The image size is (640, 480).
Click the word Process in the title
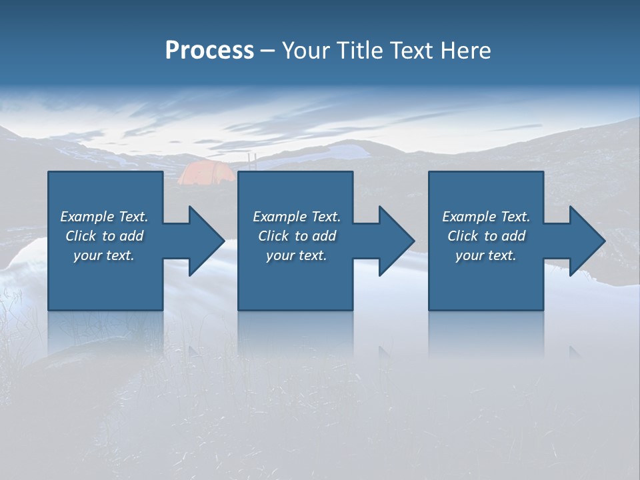[x=209, y=51]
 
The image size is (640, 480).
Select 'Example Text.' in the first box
[x=104, y=217]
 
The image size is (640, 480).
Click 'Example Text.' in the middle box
[x=297, y=217]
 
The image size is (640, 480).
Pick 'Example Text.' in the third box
[x=486, y=217]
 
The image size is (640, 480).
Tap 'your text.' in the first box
[x=104, y=255]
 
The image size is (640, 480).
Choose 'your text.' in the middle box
[x=297, y=255]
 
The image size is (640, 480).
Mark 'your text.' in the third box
[x=486, y=255]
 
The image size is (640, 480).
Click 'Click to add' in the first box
[x=104, y=236]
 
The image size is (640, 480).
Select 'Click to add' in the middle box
[x=297, y=236]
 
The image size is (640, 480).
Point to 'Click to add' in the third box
[x=486, y=236]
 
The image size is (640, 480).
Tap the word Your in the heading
[x=305, y=51]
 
